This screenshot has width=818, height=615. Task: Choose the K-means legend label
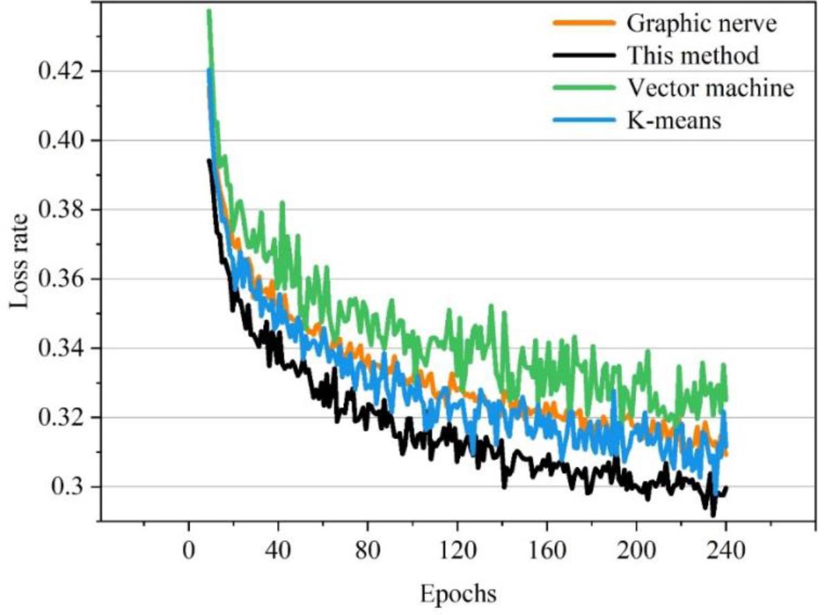pos(674,121)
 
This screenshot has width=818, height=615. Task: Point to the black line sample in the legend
pos(583,55)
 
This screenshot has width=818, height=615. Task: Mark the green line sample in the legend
pos(583,88)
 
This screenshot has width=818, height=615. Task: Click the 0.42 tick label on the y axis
pos(60,71)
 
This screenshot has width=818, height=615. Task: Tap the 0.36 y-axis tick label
pos(60,280)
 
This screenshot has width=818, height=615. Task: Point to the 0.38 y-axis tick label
pos(60,210)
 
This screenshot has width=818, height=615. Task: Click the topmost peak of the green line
pos(208,12)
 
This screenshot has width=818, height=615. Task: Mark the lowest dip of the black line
pos(713,515)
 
